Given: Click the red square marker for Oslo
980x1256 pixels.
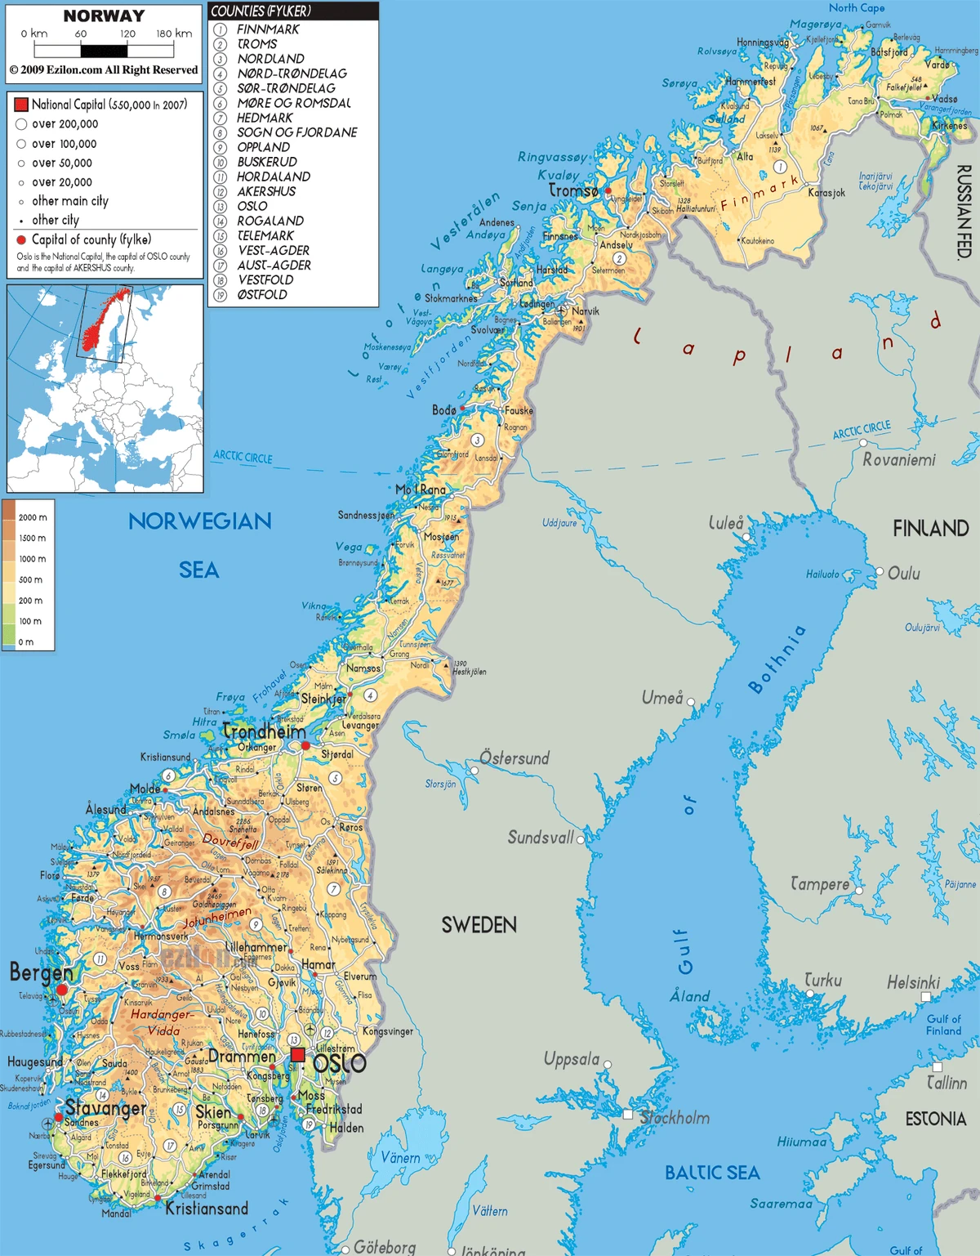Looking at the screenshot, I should click(x=298, y=1055).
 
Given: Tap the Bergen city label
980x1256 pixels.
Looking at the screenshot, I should click(x=41, y=972).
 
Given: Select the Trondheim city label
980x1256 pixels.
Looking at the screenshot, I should click(x=264, y=731).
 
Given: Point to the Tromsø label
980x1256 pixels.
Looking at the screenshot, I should click(x=573, y=190).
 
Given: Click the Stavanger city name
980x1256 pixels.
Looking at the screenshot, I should click(x=106, y=1108).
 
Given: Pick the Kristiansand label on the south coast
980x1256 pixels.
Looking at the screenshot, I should click(x=207, y=1209).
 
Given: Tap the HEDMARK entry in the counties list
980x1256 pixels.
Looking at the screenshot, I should click(x=265, y=118).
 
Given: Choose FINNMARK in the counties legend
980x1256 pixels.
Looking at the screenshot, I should click(x=268, y=29).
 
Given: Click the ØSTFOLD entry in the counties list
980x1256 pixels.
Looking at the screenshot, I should click(x=262, y=294).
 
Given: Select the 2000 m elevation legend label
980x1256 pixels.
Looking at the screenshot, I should click(x=33, y=517).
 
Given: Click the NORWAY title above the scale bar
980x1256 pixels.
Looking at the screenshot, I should click(x=104, y=16).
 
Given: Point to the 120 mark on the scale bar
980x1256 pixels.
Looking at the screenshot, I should click(x=127, y=34).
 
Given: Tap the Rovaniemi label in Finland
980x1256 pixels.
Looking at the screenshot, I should click(x=899, y=460).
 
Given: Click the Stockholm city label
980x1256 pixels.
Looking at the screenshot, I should click(x=675, y=1117).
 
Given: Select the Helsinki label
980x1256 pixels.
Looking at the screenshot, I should click(x=913, y=982).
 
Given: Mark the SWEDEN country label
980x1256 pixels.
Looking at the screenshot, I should click(x=479, y=925).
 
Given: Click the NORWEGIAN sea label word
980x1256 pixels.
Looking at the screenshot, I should click(x=199, y=521).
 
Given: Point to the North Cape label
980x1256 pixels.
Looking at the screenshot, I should click(x=857, y=7).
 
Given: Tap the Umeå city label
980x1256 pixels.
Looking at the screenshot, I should click(x=661, y=697).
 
